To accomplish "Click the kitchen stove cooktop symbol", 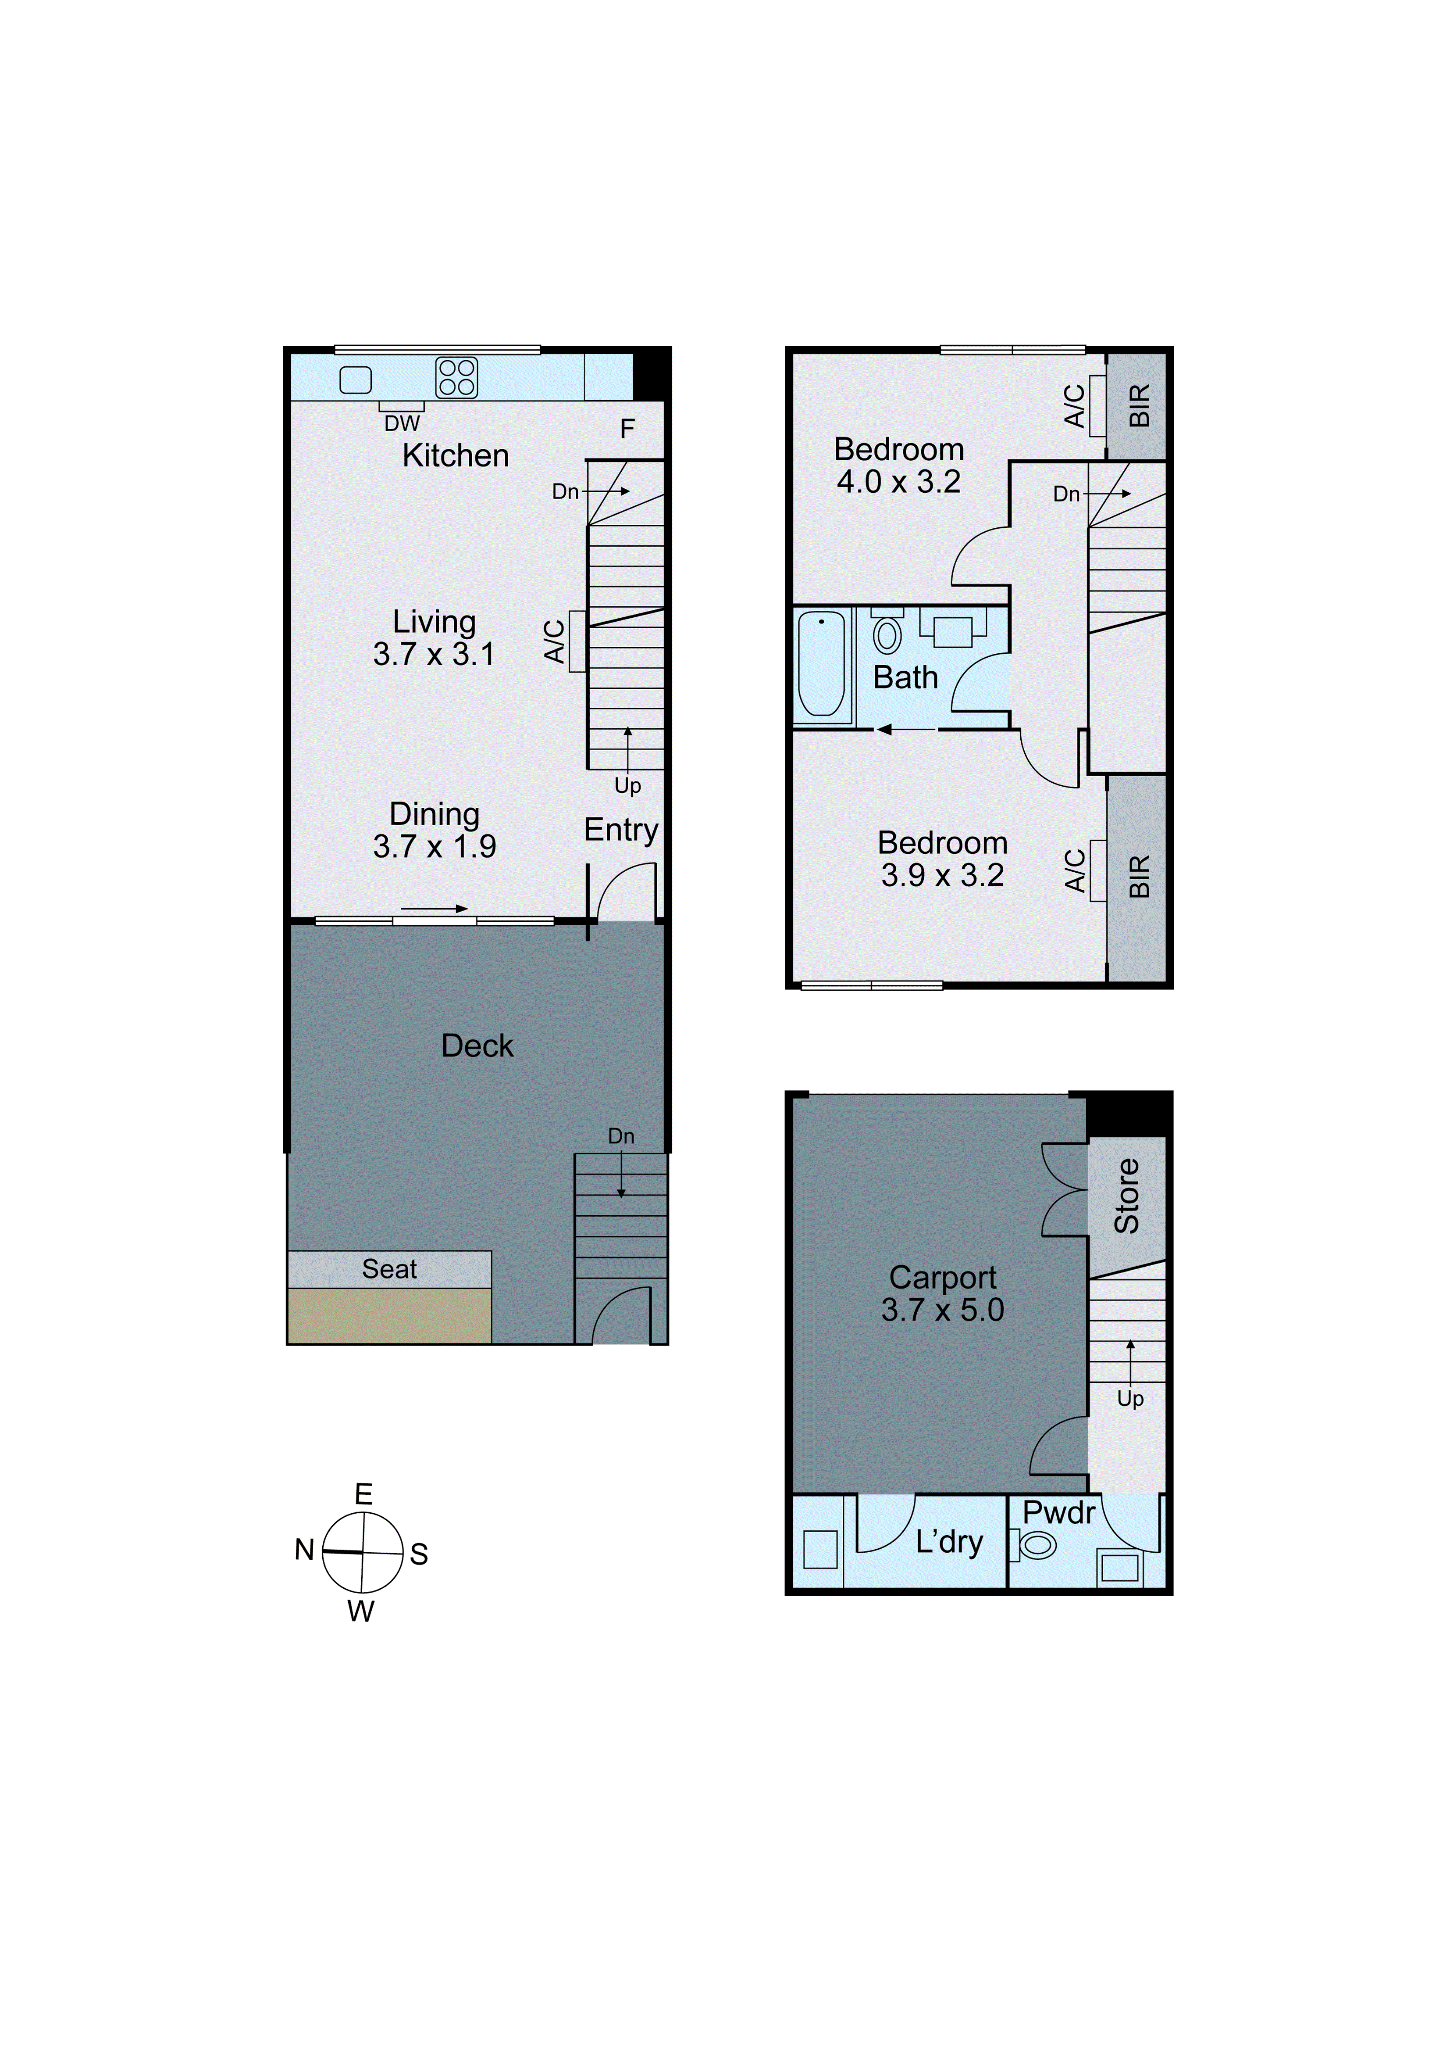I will pyautogui.click(x=456, y=377).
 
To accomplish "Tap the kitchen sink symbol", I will pyautogui.click(x=356, y=380).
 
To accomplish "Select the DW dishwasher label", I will pyautogui.click(x=402, y=424).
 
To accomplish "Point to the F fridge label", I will pyautogui.click(x=627, y=429).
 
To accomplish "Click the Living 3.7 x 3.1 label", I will pyautogui.click(x=434, y=638).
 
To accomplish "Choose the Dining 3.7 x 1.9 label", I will pyautogui.click(x=434, y=830).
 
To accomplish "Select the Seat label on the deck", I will pyautogui.click(x=389, y=1269).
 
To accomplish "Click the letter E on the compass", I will pyautogui.click(x=363, y=1494).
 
